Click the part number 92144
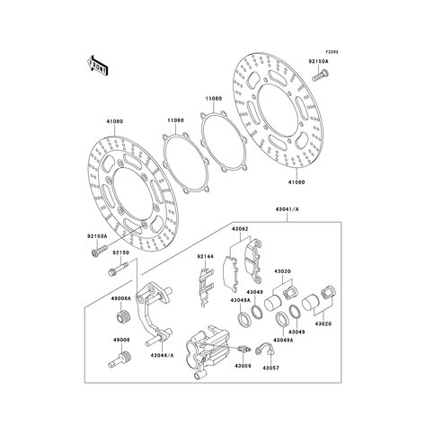click(206, 256)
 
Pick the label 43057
click(271, 391)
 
